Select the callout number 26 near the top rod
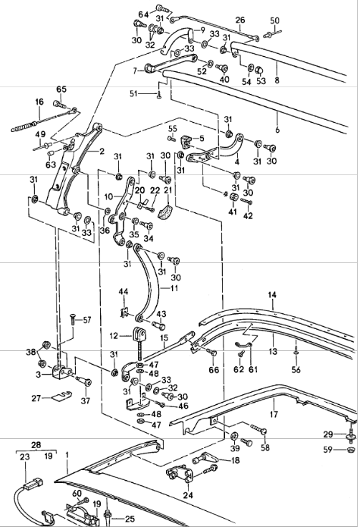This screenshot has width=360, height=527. [x=240, y=20]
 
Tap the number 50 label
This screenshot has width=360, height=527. [x=274, y=20]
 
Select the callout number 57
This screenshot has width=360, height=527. [x=86, y=320]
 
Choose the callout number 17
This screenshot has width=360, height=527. [x=273, y=415]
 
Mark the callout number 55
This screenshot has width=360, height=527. [x=173, y=129]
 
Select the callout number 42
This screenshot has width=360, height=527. [x=247, y=215]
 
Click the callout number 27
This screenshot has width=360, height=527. [x=36, y=397]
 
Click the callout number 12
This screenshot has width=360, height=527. [x=114, y=335]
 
